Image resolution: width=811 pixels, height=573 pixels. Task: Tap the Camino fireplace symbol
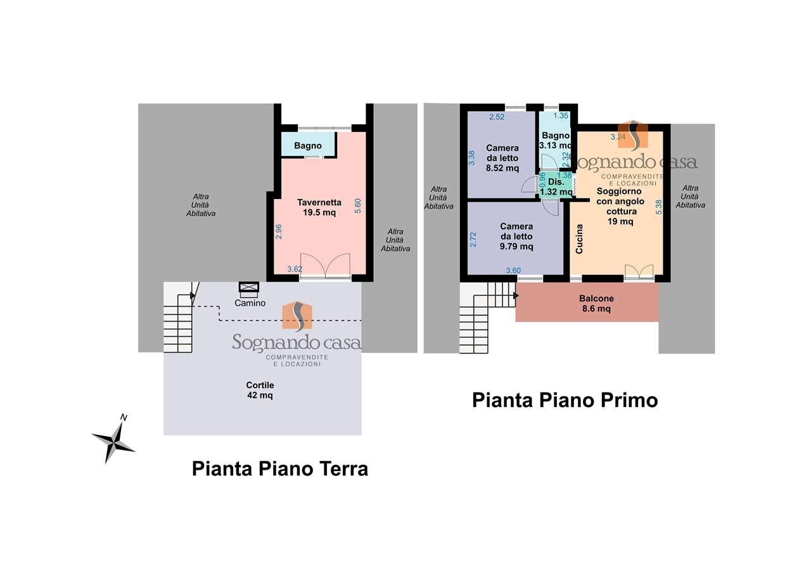(x=248, y=288)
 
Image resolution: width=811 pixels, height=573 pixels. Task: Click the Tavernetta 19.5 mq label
(x=319, y=208)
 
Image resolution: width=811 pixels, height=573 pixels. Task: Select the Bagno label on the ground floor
(x=308, y=146)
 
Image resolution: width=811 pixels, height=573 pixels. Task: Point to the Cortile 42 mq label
(x=260, y=390)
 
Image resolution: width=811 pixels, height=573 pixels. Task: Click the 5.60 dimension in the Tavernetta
(x=358, y=206)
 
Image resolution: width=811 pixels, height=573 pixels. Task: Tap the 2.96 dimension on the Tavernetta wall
(x=279, y=231)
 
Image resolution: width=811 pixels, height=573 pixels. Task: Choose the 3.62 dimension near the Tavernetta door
(x=294, y=269)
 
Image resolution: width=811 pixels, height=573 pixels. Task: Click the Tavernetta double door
(x=324, y=265)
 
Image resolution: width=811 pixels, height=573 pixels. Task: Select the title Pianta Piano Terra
(x=279, y=469)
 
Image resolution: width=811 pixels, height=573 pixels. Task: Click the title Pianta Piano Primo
(x=565, y=401)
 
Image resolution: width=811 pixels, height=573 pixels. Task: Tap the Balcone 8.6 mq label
(x=596, y=304)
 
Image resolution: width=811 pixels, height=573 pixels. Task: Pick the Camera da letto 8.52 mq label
(x=502, y=158)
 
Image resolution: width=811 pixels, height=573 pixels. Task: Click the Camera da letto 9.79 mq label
(x=516, y=236)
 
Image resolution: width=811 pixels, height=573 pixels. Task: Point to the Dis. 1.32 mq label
(x=556, y=186)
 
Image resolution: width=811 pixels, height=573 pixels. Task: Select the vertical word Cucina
(x=579, y=239)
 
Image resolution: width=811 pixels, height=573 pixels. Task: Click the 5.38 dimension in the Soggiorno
(x=658, y=207)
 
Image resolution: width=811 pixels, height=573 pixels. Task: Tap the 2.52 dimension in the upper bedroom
(x=497, y=117)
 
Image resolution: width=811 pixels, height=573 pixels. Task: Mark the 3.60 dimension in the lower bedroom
(x=513, y=271)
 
